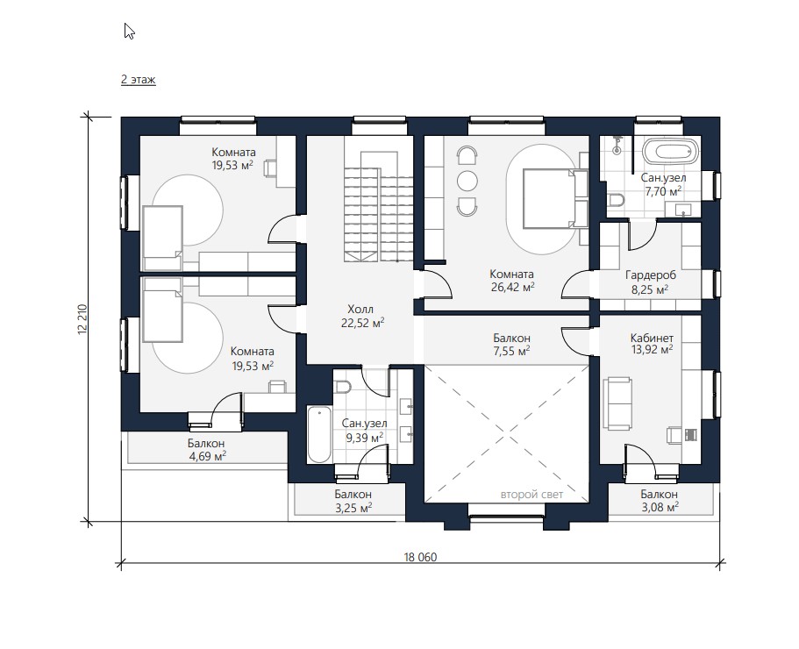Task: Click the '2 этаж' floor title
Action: click(x=138, y=80)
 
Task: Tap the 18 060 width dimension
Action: click(x=420, y=557)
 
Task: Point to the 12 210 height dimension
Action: click(x=83, y=319)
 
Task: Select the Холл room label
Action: click(x=360, y=310)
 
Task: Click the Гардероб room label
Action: click(x=651, y=275)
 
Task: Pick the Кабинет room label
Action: click(x=652, y=339)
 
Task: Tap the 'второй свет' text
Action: click(x=532, y=494)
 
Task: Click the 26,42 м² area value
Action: click(x=512, y=287)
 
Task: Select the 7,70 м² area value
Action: click(x=663, y=191)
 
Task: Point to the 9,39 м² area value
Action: click(x=365, y=437)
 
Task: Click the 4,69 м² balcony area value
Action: click(x=208, y=456)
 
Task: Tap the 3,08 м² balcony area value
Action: click(x=660, y=507)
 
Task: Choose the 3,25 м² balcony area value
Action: click(x=353, y=508)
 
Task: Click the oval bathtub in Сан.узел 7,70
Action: click(x=669, y=152)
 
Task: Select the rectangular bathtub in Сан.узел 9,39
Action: click(x=319, y=434)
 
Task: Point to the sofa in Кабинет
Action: click(x=617, y=403)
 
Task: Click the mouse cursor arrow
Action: click(x=129, y=31)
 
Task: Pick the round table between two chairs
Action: click(x=467, y=181)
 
